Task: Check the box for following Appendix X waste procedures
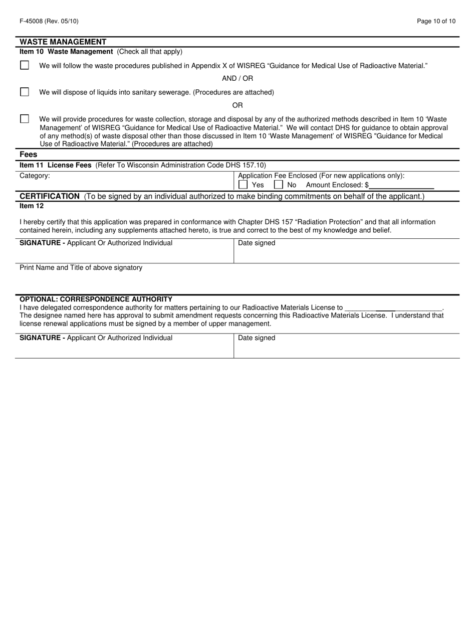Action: [25, 65]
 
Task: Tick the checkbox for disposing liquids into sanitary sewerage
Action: [25, 92]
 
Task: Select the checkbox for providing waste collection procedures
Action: [25, 119]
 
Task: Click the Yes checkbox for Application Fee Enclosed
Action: [243, 185]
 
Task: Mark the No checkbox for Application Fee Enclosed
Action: [279, 185]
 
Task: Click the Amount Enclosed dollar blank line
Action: [401, 185]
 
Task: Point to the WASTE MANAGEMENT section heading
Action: [63, 42]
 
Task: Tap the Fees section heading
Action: [29, 155]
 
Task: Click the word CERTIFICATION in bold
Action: [49, 196]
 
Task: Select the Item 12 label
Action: [32, 206]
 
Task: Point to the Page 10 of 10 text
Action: [436, 21]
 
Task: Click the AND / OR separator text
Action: [237, 78]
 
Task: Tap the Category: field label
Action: [35, 176]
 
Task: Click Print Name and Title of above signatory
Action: [81, 268]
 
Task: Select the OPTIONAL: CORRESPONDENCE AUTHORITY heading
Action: [96, 299]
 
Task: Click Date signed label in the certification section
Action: [257, 243]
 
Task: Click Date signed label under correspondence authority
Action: [257, 338]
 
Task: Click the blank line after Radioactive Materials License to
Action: [394, 308]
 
